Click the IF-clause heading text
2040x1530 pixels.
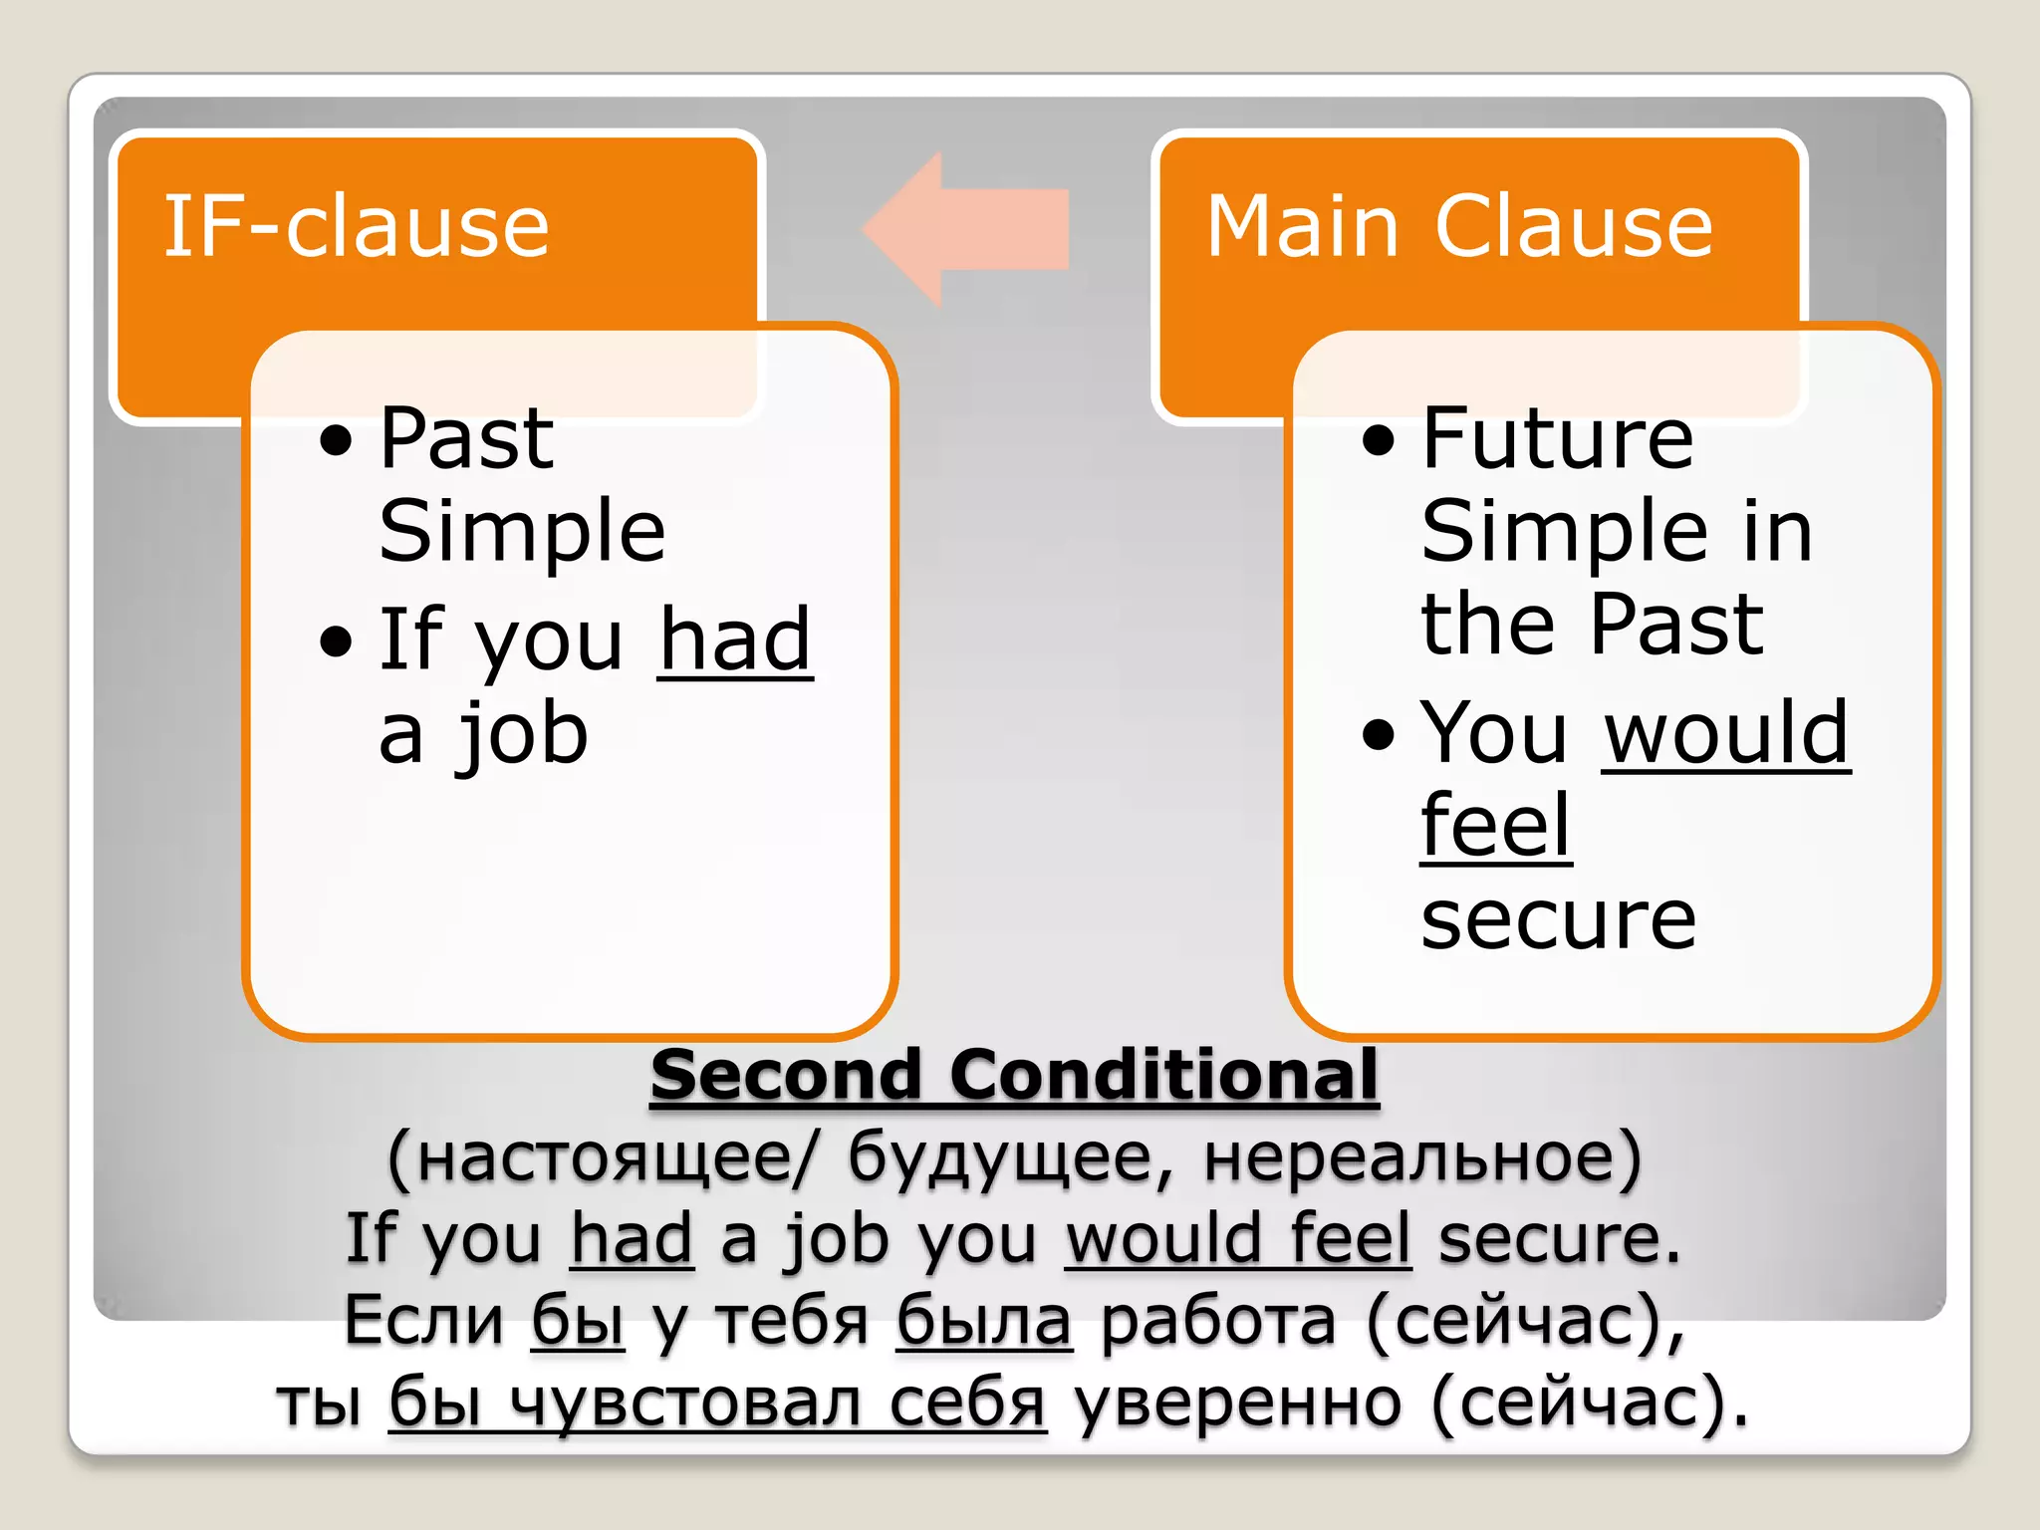click(356, 227)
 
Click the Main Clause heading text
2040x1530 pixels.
click(1459, 227)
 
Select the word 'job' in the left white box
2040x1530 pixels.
click(522, 737)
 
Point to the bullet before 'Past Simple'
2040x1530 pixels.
click(337, 440)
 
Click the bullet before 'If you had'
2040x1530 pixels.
click(337, 642)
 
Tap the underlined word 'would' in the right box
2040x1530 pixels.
click(1726, 733)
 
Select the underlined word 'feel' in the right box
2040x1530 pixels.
click(1495, 826)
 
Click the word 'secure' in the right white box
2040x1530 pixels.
click(1558, 919)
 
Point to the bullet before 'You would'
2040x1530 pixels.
click(1379, 735)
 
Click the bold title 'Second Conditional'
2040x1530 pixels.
click(1014, 1075)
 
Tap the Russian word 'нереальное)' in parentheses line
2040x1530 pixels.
click(1422, 1158)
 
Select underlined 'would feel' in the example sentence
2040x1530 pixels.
click(1238, 1239)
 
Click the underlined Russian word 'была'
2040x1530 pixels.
click(984, 1321)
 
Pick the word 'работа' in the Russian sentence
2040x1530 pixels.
click(1217, 1321)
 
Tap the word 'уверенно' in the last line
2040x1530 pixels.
click(1238, 1402)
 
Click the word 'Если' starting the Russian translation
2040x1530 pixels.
click(424, 1321)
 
